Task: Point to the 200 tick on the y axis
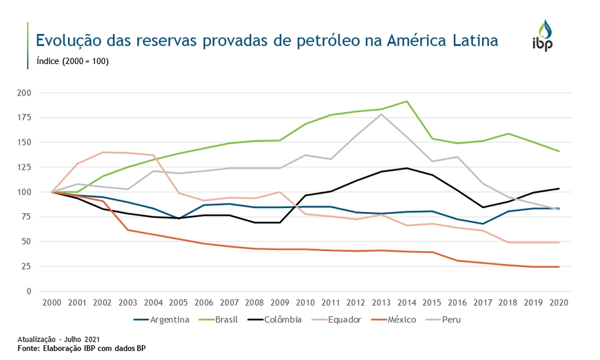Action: click(24, 93)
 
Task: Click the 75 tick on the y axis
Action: click(26, 217)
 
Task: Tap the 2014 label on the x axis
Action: click(406, 302)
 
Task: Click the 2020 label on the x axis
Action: click(559, 302)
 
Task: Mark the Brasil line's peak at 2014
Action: click(406, 101)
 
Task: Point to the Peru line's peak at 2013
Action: click(381, 115)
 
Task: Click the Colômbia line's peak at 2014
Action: click(406, 168)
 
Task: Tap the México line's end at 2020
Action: click(559, 266)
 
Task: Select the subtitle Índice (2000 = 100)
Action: click(72, 61)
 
